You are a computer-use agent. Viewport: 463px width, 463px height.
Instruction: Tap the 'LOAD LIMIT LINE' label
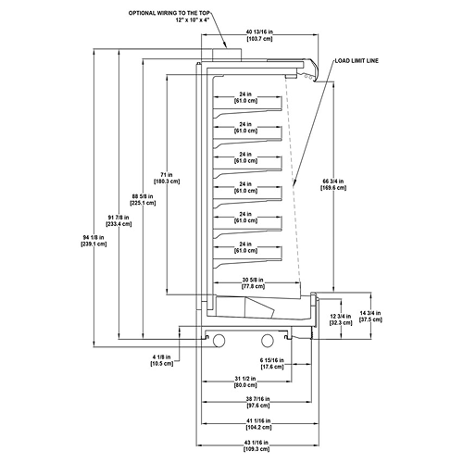(357, 61)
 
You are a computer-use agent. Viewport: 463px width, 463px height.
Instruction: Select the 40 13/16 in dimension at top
(259, 35)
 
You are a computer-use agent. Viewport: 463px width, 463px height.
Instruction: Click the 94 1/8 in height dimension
(94, 241)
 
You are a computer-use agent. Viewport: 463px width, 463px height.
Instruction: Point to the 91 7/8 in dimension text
(119, 220)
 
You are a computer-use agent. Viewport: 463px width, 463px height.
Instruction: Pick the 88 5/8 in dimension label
(143, 200)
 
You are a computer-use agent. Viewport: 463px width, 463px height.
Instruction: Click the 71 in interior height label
(167, 178)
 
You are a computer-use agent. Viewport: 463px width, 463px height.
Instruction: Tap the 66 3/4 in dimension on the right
(333, 184)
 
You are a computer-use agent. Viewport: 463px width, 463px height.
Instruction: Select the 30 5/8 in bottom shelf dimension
(253, 283)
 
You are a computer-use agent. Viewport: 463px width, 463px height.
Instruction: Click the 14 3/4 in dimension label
(370, 317)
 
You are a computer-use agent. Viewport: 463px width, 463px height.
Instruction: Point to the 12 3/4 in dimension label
(341, 319)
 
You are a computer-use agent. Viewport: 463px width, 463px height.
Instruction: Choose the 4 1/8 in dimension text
(162, 360)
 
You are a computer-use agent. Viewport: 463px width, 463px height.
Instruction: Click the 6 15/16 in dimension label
(272, 363)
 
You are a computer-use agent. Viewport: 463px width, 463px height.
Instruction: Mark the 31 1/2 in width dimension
(245, 382)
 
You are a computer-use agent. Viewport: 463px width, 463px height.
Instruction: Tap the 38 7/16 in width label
(257, 402)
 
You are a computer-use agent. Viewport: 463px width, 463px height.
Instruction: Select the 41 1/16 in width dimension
(258, 424)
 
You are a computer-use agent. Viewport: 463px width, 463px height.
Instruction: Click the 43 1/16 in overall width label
(257, 445)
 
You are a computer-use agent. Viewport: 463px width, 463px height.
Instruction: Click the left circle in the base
(219, 341)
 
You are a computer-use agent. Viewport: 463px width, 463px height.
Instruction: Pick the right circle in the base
(268, 340)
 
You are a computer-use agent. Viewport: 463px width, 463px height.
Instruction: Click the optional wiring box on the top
(227, 55)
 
